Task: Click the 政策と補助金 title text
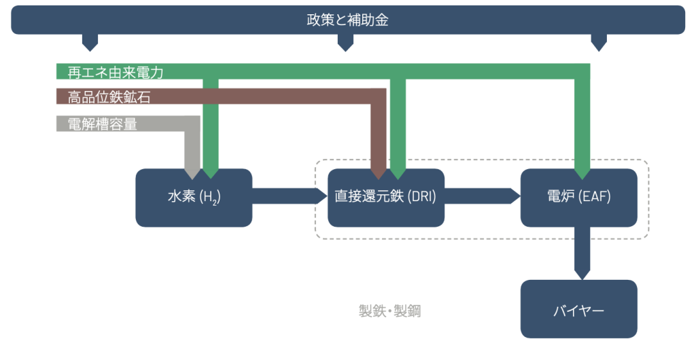pos(347,20)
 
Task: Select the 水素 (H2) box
pos(194,198)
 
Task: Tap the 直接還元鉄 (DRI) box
pos(385,198)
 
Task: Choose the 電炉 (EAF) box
pos(578,198)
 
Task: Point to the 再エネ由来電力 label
pos(116,71)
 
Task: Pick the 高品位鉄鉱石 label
pos(109,97)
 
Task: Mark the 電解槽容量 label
pos(103,124)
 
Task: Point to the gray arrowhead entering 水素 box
pos(193,171)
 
